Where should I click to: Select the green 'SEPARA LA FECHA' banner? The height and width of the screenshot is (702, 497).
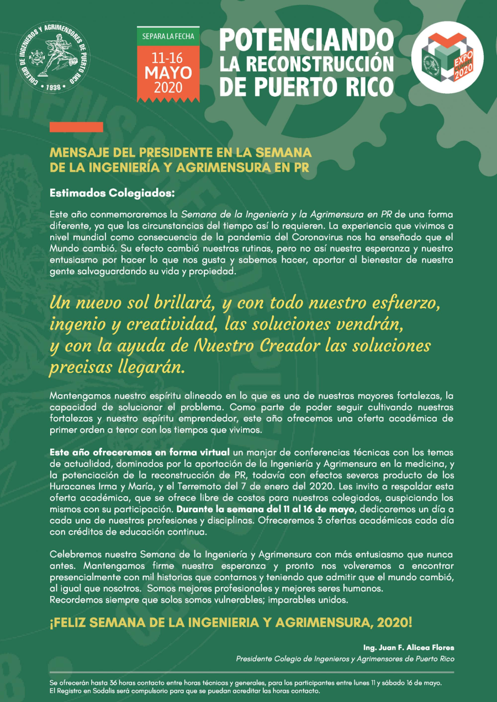click(168, 37)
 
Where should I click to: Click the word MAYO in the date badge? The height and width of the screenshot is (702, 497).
click(168, 73)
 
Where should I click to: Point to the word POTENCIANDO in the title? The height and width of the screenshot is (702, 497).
click(306, 40)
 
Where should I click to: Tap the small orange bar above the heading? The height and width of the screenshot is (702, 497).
click(76, 127)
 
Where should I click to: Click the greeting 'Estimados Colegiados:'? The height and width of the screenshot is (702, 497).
click(112, 194)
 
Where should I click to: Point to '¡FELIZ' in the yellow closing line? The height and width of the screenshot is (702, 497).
click(67, 623)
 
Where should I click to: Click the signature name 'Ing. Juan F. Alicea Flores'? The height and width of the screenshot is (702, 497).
click(409, 647)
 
